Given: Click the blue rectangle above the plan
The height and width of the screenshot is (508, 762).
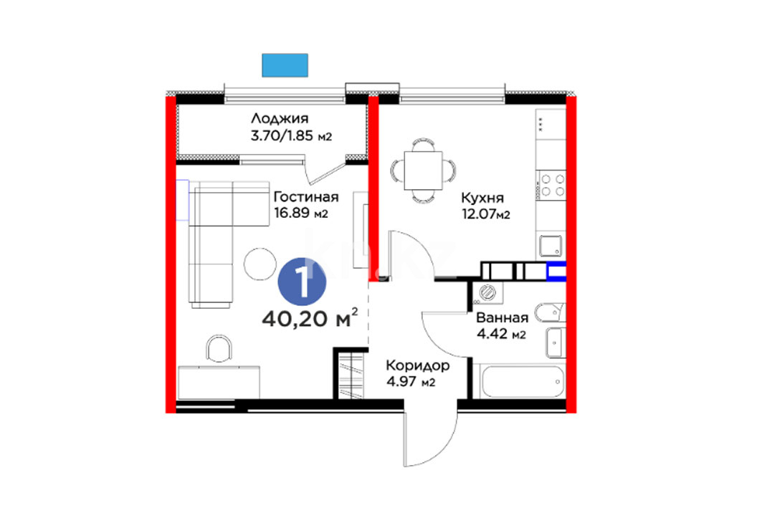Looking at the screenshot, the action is [285, 65].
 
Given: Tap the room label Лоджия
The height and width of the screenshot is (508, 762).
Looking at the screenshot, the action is [280, 118].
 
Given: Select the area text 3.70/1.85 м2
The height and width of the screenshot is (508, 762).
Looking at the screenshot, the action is [291, 135].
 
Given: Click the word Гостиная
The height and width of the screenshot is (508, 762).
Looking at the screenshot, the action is [305, 197].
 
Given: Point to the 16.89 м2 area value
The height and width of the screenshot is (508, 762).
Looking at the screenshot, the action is [301, 213].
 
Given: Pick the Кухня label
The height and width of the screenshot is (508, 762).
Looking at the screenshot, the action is [482, 198].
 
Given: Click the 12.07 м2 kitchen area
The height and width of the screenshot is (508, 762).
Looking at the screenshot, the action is [485, 214].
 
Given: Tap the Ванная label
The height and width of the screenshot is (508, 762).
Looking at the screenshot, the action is [502, 317].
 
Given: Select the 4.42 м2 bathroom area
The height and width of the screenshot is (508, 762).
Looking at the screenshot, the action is [501, 334].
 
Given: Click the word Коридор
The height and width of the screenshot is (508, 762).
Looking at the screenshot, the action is [417, 365].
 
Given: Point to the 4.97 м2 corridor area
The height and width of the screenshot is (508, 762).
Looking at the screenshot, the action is [411, 382].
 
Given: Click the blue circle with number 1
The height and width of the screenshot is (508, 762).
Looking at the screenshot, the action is [302, 282].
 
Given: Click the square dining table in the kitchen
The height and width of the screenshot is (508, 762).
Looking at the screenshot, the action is [423, 171].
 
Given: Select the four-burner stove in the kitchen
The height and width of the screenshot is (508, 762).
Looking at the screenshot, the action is [551, 185].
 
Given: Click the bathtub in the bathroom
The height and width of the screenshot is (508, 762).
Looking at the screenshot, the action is [523, 382].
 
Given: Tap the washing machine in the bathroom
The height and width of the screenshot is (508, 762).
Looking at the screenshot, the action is [487, 293].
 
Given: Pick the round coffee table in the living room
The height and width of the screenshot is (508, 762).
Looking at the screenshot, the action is [260, 264].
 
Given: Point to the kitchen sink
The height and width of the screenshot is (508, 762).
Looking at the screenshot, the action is [551, 246].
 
